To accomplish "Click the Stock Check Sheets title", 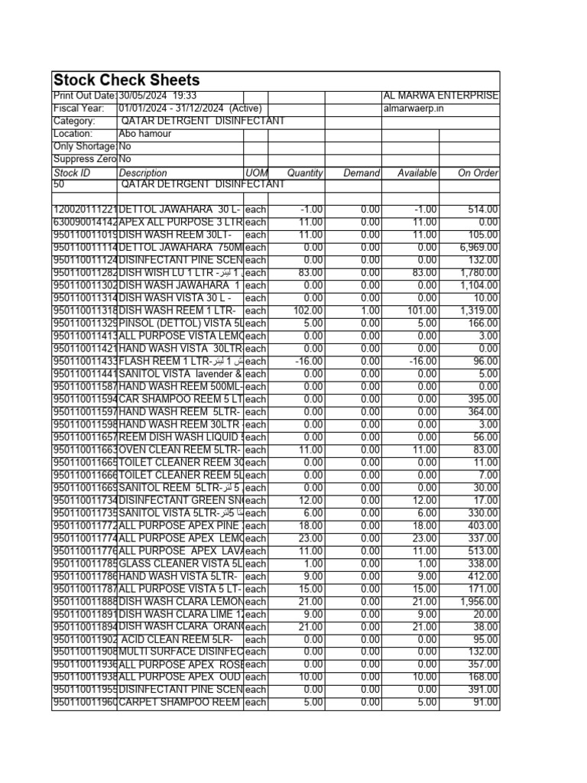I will tap(126, 80).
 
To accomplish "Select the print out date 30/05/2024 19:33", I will tap(158, 96).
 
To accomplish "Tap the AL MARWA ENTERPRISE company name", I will tap(440, 96).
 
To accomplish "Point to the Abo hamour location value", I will tap(145, 134).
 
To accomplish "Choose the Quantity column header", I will tap(305, 173).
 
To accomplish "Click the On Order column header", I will tap(478, 173).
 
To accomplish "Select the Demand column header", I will tap(362, 173).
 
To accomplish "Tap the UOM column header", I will tap(256, 173).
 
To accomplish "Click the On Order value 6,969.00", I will tap(479, 248).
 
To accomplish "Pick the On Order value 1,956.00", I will tap(479, 602).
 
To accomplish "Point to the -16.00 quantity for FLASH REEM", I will tap(309, 361).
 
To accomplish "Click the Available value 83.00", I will tap(424, 273).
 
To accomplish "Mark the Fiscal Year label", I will tap(78, 109).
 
